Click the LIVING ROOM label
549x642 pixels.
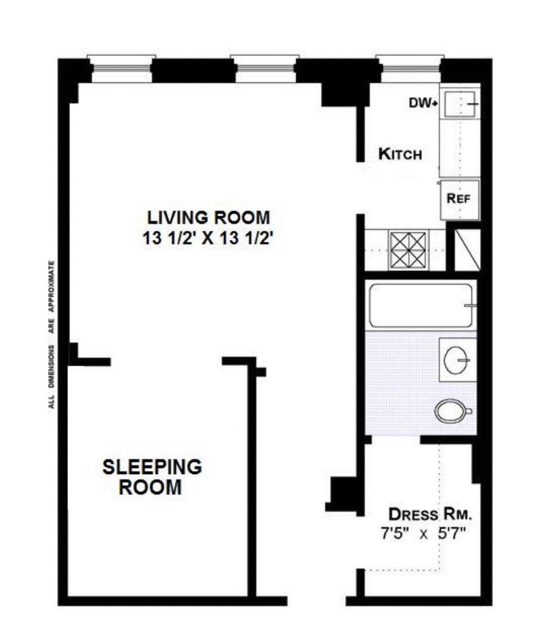pos(209,216)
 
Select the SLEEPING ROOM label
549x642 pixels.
pos(151,476)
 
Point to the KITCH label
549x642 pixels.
pos(400,155)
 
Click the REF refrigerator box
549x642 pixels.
pos(460,200)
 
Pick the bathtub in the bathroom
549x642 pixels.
pos(421,306)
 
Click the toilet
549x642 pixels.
pos(453,411)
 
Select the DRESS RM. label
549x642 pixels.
pos(426,513)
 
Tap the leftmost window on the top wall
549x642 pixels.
pos(121,70)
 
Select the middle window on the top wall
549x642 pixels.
pos(264,70)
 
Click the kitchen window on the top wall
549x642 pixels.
pos(410,70)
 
